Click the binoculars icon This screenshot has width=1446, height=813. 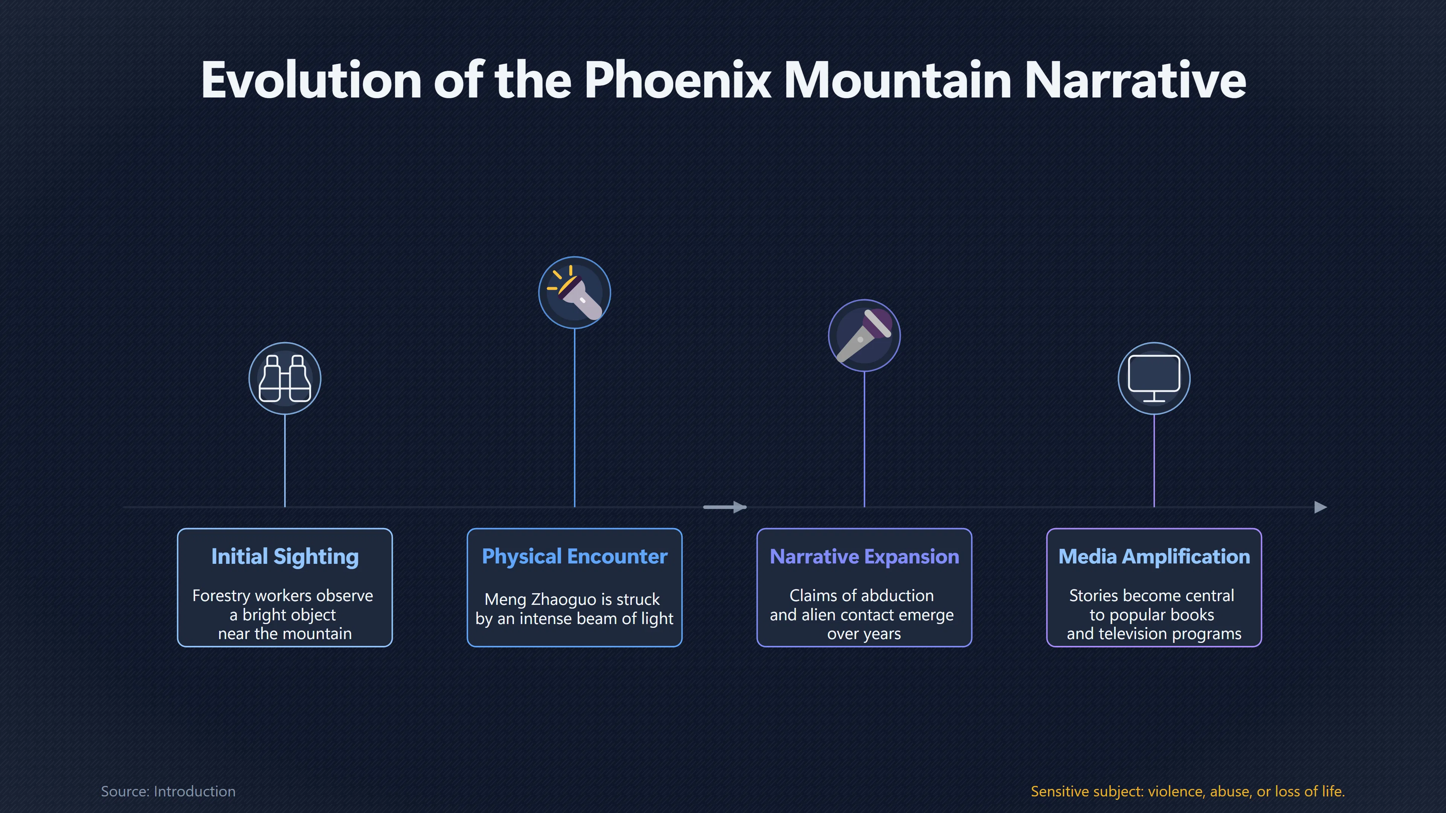pyautogui.click(x=285, y=378)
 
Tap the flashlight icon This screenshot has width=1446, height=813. pyautogui.click(x=574, y=292)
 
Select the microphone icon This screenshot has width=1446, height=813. pyautogui.click(x=864, y=335)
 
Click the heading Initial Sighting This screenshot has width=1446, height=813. pyautogui.click(x=285, y=557)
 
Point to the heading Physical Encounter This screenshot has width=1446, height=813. pyautogui.click(x=575, y=557)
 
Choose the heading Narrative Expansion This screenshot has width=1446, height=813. pyautogui.click(x=865, y=557)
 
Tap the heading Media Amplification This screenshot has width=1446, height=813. pyautogui.click(x=1154, y=557)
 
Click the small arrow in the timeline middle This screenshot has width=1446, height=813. pyautogui.click(x=725, y=507)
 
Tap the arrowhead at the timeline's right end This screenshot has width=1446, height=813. pyautogui.click(x=1321, y=507)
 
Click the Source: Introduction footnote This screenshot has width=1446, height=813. pyautogui.click(x=168, y=791)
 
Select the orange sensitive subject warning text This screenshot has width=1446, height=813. pyautogui.click(x=1188, y=791)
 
